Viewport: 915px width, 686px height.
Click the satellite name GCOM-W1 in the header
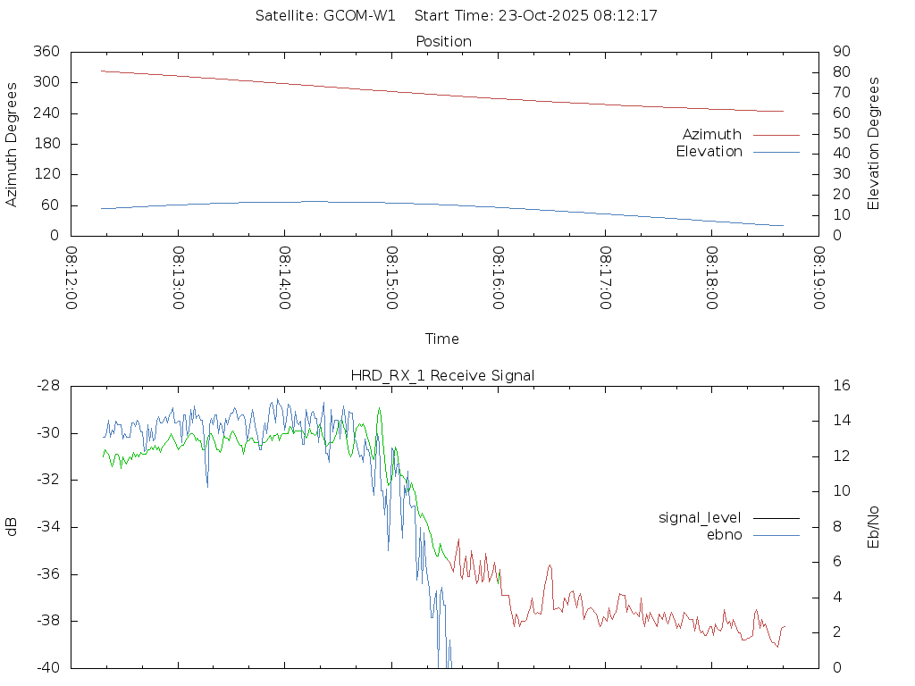click(x=359, y=16)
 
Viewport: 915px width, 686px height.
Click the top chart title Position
click(x=444, y=42)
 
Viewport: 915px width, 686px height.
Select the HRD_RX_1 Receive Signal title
click(x=442, y=376)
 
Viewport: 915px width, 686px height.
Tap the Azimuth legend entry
click(x=712, y=135)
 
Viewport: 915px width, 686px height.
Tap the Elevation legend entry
click(x=709, y=152)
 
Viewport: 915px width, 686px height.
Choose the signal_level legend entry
click(x=700, y=518)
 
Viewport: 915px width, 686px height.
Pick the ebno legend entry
click(x=725, y=535)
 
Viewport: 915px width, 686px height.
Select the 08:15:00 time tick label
click(x=391, y=278)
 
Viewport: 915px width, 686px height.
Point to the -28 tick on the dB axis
click(x=47, y=386)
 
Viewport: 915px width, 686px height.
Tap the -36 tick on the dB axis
click(x=47, y=574)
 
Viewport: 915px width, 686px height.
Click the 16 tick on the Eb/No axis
click(x=841, y=386)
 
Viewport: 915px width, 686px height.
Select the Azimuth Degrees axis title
click(x=13, y=144)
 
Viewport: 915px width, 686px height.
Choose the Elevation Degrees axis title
click(x=874, y=144)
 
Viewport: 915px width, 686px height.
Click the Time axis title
click(x=442, y=339)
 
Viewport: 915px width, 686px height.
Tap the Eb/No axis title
click(x=874, y=527)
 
